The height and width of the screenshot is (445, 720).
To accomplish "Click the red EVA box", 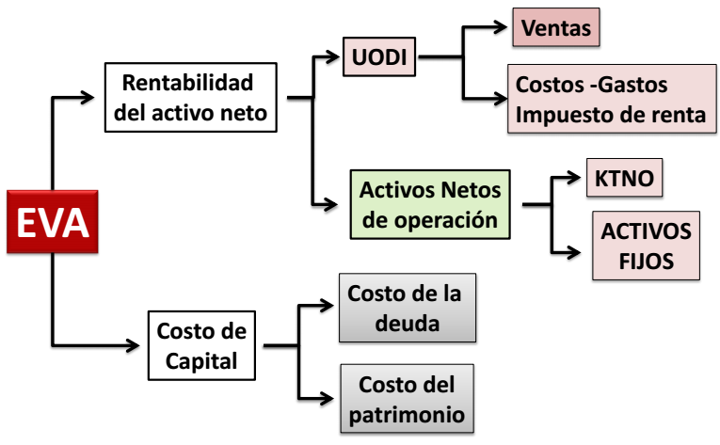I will click(53, 222).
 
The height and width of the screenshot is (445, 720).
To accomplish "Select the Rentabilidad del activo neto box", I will click(193, 98).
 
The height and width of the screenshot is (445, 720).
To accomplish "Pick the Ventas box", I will click(555, 29).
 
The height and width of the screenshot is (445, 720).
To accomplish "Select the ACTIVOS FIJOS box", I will click(646, 246).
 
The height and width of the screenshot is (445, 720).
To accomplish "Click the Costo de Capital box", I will click(200, 346).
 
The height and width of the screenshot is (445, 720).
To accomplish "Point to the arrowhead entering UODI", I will click(335, 57).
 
